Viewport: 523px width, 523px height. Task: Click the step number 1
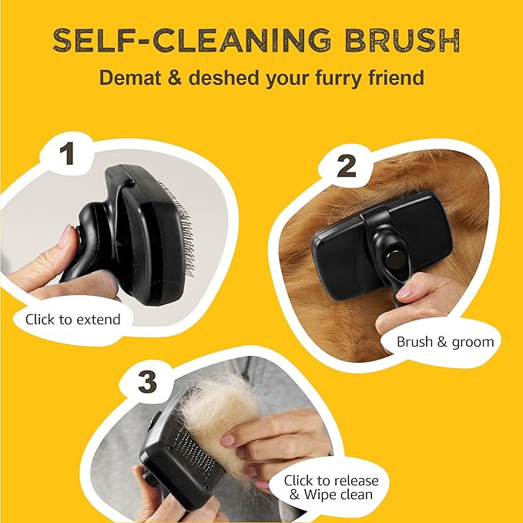[x=67, y=153]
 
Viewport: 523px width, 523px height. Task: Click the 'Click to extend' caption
[x=73, y=318]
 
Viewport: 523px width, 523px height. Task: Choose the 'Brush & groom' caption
[x=444, y=341]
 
